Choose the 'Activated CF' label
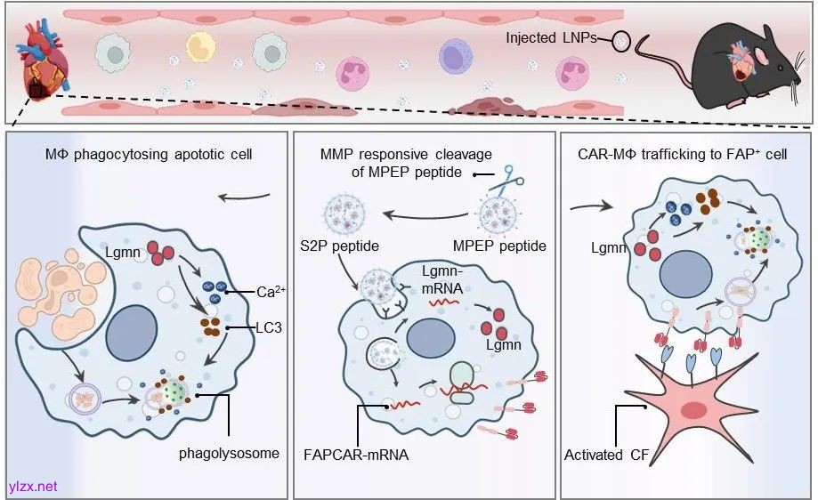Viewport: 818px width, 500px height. point(606,455)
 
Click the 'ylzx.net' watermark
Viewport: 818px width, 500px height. point(33,486)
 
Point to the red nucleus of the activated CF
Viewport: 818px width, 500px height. point(691,410)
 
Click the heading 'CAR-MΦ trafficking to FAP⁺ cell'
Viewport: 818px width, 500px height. point(687,155)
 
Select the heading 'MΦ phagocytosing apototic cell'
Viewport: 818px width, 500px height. point(149,155)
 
